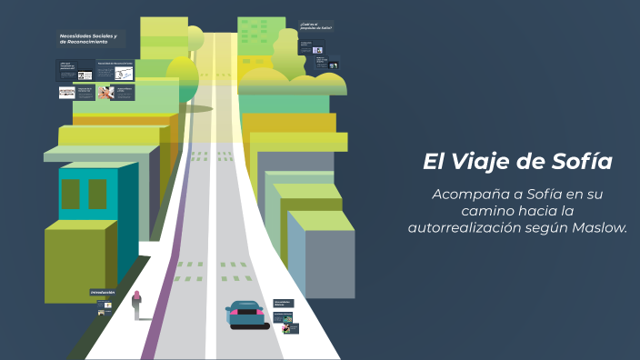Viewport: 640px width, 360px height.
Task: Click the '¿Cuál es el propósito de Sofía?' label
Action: [x=315, y=25]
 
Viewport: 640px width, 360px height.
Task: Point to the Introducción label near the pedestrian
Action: [x=103, y=293]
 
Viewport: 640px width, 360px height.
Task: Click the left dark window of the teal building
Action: [x=71, y=195]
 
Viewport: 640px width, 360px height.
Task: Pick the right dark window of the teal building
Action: [x=96, y=195]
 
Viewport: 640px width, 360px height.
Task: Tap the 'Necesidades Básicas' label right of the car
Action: [x=284, y=303]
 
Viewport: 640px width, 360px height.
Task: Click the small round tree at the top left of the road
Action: [x=195, y=37]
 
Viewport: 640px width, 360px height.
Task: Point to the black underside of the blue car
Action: [x=248, y=325]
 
